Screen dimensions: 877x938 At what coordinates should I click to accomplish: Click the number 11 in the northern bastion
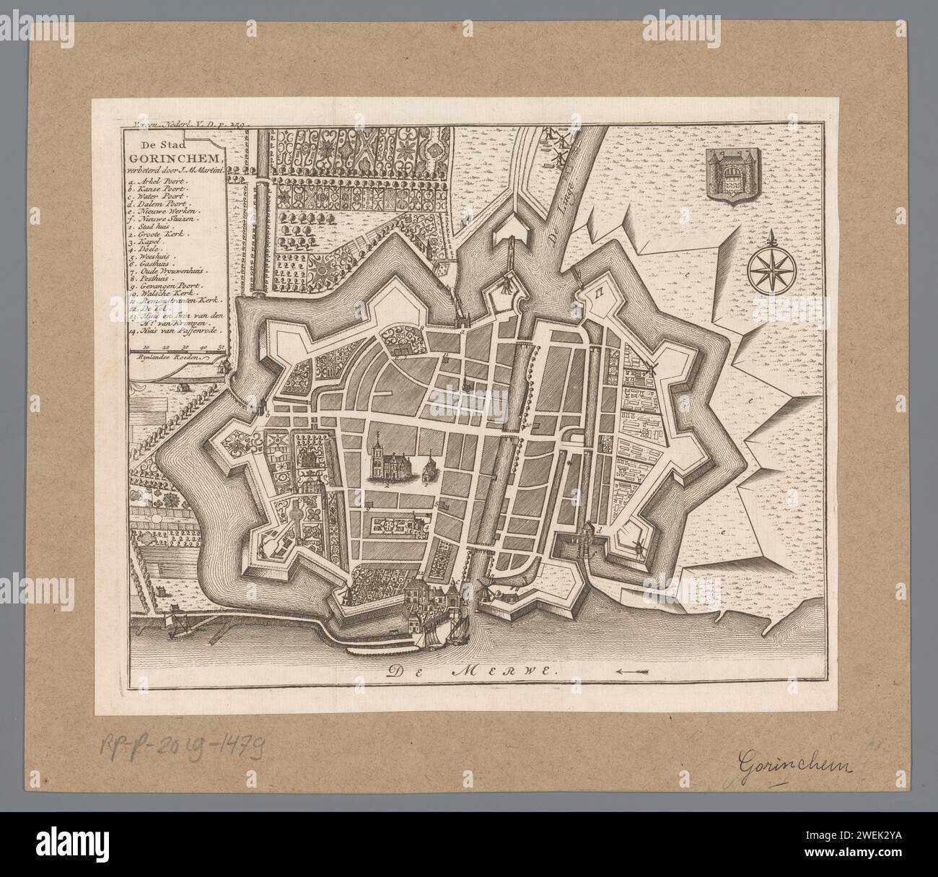click(x=600, y=292)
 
